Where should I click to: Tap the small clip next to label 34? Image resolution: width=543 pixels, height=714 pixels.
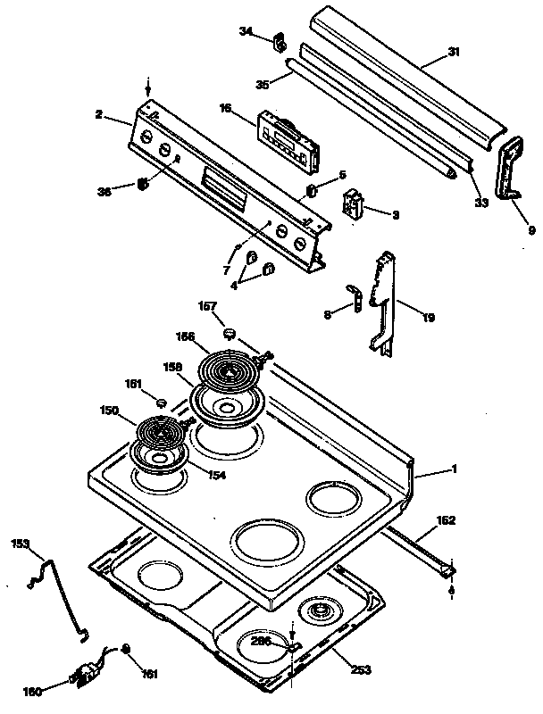(279, 41)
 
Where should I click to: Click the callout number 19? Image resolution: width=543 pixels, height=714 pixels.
(429, 317)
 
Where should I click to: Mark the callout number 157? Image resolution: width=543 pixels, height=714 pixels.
(208, 306)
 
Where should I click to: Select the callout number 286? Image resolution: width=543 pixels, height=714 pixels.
(262, 641)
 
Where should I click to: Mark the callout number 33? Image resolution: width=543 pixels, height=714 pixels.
(481, 203)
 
